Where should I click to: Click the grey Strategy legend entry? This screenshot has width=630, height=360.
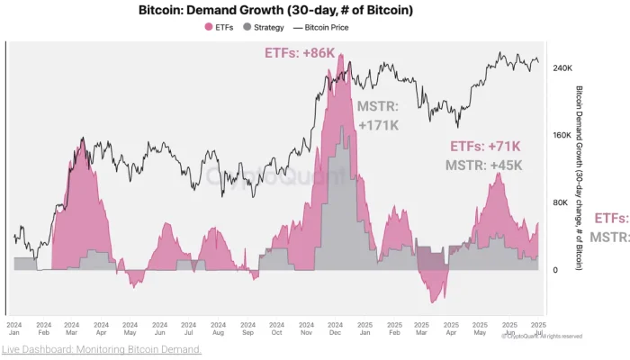point(262,27)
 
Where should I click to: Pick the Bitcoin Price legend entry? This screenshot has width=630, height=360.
point(324,27)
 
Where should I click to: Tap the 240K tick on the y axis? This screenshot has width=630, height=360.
point(562,68)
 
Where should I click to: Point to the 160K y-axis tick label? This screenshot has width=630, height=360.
point(562,136)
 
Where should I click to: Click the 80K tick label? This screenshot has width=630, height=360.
point(560,202)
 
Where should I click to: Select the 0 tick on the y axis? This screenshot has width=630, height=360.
point(555,270)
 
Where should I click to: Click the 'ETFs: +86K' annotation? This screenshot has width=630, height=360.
point(300,53)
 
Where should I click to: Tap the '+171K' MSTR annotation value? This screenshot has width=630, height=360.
point(378,125)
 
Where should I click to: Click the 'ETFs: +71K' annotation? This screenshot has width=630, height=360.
point(485,146)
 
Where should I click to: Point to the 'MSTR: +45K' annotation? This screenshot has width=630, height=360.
point(483,165)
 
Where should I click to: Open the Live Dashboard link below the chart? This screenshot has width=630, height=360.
point(101,349)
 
